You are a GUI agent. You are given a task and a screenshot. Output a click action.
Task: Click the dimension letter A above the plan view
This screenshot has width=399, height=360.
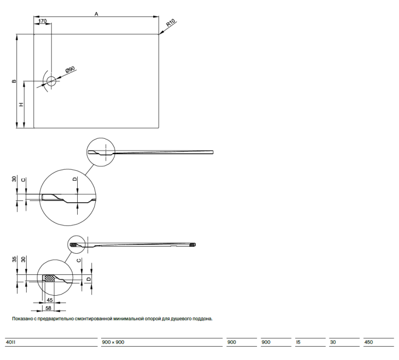pos(96,14)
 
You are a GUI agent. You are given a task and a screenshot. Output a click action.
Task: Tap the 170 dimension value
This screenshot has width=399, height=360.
pos(43,21)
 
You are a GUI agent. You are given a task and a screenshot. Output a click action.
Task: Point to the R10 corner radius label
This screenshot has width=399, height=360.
pos(171,23)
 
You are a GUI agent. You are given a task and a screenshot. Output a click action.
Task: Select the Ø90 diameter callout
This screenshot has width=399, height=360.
pos(70,70)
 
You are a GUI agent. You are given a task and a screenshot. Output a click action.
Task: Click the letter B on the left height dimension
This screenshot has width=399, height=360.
pos(14,81)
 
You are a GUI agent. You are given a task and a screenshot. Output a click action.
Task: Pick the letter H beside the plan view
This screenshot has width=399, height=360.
pos(22,104)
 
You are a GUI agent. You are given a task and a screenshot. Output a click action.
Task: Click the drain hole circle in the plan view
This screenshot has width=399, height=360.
pos(51,81)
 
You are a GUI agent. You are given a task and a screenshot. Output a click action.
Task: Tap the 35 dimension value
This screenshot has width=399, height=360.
pos(14,259)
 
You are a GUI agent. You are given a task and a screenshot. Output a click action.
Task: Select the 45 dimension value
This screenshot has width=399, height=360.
pos(49,300)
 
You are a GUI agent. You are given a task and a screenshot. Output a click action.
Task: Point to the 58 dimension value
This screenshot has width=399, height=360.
pos(48,308)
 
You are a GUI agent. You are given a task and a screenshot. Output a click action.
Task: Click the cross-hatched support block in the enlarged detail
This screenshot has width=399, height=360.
pos(50,278)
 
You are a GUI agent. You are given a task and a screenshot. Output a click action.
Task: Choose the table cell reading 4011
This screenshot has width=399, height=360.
pos(11,342)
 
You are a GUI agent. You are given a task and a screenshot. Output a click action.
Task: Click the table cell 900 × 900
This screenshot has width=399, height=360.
pos(113,342)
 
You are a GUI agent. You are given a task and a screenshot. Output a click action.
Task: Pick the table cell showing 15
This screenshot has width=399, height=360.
pos(298,342)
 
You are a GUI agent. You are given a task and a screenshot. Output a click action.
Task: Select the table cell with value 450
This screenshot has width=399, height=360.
pos(369,342)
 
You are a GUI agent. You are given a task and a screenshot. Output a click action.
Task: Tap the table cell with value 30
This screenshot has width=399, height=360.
pos(333,342)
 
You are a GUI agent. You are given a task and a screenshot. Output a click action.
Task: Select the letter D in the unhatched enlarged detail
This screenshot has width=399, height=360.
pos(75,179)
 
